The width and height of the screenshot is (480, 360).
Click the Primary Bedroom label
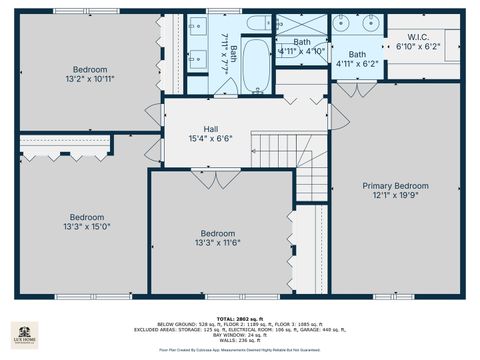click(395, 186)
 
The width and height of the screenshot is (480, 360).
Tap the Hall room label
click(211, 129)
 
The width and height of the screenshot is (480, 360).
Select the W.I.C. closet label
click(418, 36)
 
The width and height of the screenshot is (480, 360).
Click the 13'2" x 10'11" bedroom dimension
click(89, 79)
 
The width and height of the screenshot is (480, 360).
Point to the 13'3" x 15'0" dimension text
click(86, 227)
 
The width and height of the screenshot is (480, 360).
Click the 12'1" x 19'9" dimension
click(395, 197)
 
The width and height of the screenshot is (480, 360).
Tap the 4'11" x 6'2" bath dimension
click(357, 64)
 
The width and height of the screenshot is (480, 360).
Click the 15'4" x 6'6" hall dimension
click(211, 139)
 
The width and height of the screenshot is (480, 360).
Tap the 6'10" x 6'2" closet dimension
click(418, 47)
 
